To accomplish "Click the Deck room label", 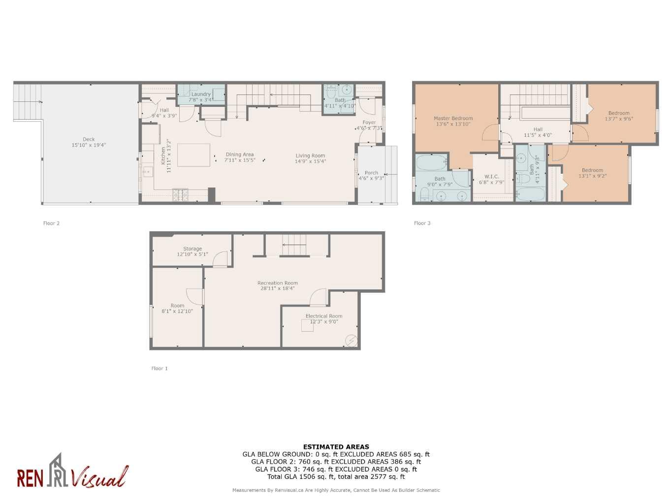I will [89, 139].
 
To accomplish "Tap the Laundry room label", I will [201, 94].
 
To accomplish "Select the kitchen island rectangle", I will [193, 155].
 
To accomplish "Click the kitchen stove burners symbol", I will [180, 195].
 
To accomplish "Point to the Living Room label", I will [310, 156].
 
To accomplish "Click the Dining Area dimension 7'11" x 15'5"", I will [240, 160].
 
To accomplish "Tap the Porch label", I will [371, 173].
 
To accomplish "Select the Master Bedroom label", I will [453, 118].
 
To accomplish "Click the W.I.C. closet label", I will [491, 177].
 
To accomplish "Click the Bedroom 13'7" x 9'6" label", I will [619, 113].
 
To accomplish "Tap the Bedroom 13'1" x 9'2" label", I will [592, 170].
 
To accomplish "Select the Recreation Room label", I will [278, 283].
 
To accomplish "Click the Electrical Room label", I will [324, 316].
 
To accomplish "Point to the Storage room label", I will [192, 249].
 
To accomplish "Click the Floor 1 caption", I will [160, 368].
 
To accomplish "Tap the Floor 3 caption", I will [422, 223].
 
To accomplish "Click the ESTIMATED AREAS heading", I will [336, 447].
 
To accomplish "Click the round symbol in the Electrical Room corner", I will [352, 340].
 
